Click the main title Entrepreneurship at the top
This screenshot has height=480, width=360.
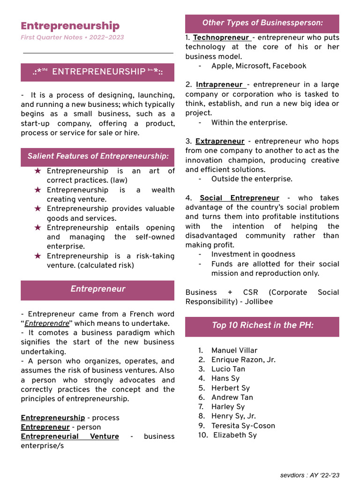coord(70,26)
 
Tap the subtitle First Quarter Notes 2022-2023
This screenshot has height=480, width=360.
coord(72,37)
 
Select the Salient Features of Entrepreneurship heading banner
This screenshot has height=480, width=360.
coord(97,157)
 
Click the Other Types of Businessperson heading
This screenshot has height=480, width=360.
coord(262,23)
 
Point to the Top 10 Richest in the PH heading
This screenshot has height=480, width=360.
coord(262,325)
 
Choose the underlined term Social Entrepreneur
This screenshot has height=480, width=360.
coord(239,198)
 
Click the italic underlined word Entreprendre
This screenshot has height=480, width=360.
coord(47,323)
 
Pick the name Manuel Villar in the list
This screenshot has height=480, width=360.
coord(234,350)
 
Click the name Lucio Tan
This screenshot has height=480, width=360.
coord(228,369)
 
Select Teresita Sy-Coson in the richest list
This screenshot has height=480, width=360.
coord(243,426)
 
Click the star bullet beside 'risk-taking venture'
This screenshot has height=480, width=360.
coord(38,256)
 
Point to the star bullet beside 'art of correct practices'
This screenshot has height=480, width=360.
coord(38,171)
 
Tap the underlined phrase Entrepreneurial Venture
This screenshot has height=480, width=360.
coord(69,436)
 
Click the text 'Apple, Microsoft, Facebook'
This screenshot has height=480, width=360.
coord(258,66)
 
